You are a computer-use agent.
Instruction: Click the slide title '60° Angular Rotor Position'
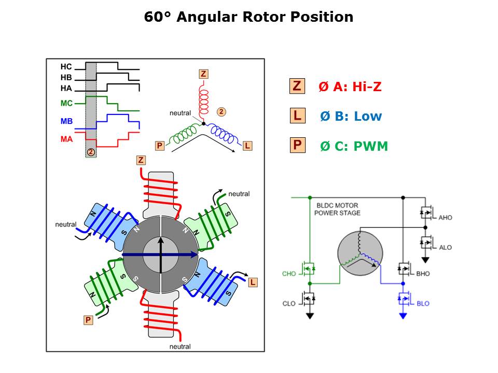[x=248, y=17]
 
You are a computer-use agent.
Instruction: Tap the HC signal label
[x=66, y=67]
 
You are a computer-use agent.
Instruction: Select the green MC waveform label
[x=66, y=103]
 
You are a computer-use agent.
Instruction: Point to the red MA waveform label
[x=66, y=139]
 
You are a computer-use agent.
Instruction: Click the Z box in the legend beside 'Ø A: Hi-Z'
[x=297, y=86]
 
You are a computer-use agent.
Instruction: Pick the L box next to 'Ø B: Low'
[x=297, y=116]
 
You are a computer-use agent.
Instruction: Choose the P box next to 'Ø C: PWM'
[x=297, y=145]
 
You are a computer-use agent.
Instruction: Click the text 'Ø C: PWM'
[x=354, y=146]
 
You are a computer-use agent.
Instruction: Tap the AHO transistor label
[x=445, y=218]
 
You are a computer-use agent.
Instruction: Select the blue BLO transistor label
[x=423, y=304]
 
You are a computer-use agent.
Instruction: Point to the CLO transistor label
[x=289, y=304]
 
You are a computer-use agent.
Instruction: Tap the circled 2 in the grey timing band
[x=91, y=152]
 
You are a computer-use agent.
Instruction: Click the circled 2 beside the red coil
[x=221, y=111]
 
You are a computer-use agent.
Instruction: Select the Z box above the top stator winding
[x=141, y=160]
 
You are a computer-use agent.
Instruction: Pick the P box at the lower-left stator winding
[x=88, y=320]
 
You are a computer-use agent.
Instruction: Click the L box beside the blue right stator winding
[x=253, y=282]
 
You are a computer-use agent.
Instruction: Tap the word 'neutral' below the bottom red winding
[x=180, y=346]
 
